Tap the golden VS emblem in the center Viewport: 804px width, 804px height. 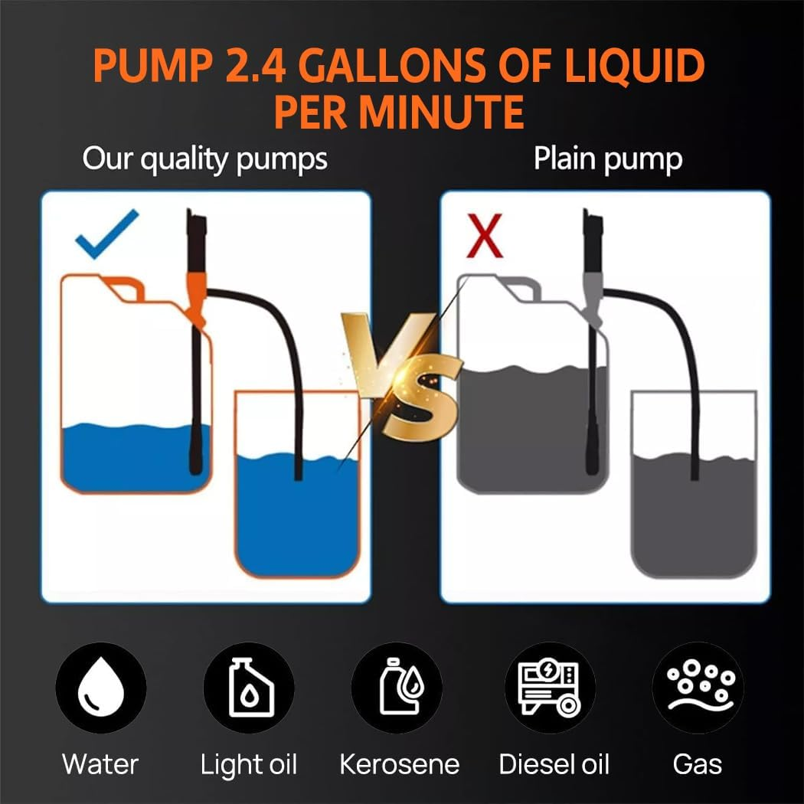[402, 375]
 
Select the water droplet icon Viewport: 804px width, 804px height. [100, 687]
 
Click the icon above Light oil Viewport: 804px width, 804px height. [249, 687]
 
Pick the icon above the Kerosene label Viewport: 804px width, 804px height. [397, 687]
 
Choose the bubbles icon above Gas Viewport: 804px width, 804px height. [697, 687]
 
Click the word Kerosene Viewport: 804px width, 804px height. [399, 763]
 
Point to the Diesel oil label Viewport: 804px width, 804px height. [554, 763]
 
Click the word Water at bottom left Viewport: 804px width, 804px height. [100, 763]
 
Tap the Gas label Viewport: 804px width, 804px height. [697, 763]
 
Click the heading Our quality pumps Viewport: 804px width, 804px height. [204, 159]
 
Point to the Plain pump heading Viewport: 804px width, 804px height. [607, 159]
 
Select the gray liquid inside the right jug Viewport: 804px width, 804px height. [528, 429]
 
